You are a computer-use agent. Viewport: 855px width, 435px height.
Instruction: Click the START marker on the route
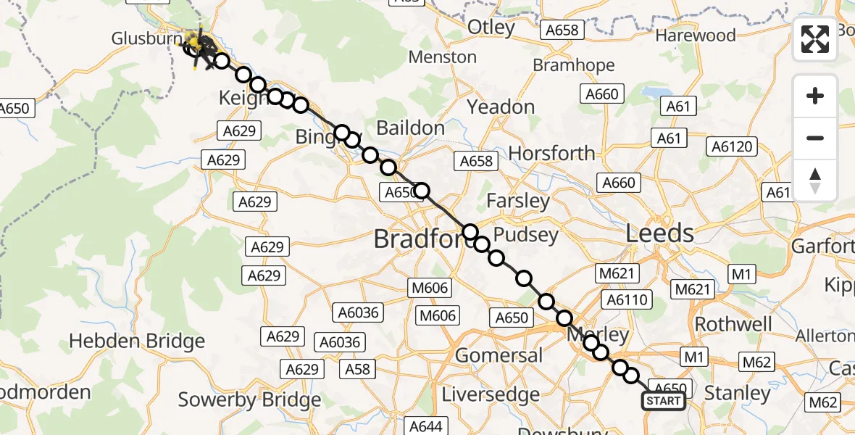coord(663,401)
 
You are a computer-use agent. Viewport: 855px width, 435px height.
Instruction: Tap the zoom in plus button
coord(815,96)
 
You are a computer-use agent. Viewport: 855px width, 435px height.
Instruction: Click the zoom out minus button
coord(815,138)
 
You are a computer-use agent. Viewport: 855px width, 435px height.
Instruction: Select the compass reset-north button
coord(815,181)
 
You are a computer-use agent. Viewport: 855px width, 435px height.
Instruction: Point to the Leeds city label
coord(659,233)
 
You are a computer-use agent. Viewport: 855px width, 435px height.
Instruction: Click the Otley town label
coord(491,28)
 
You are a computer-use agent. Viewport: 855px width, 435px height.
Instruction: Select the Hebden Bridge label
coord(137,341)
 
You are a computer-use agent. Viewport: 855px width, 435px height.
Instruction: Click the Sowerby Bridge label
coord(249,399)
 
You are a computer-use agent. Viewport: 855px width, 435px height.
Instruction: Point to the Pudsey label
coord(525,235)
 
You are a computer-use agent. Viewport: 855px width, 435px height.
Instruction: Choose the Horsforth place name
coord(551,154)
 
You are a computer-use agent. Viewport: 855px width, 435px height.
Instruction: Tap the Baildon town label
coord(411,128)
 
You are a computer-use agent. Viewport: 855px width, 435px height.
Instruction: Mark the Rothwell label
coord(733,323)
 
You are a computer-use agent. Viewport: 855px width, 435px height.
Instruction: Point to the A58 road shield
coord(357,369)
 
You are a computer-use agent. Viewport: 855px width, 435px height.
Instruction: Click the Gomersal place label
coord(499,355)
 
